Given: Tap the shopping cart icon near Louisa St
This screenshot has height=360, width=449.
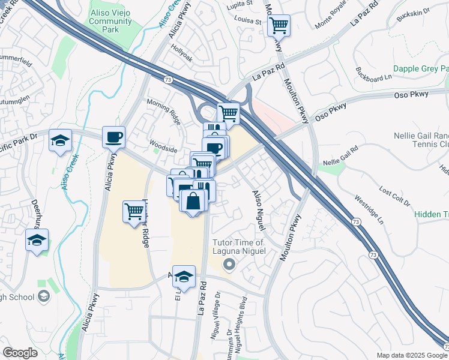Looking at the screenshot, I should click(279, 25).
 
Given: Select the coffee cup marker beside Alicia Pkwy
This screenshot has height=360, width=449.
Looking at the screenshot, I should click(113, 137).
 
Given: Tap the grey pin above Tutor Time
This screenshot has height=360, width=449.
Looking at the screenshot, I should click(228, 264).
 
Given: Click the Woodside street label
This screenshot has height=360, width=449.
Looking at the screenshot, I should click(163, 148).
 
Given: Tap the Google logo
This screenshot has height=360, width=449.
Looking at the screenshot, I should click(20, 352).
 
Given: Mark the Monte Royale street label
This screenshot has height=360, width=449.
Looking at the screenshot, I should click(331, 21).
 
